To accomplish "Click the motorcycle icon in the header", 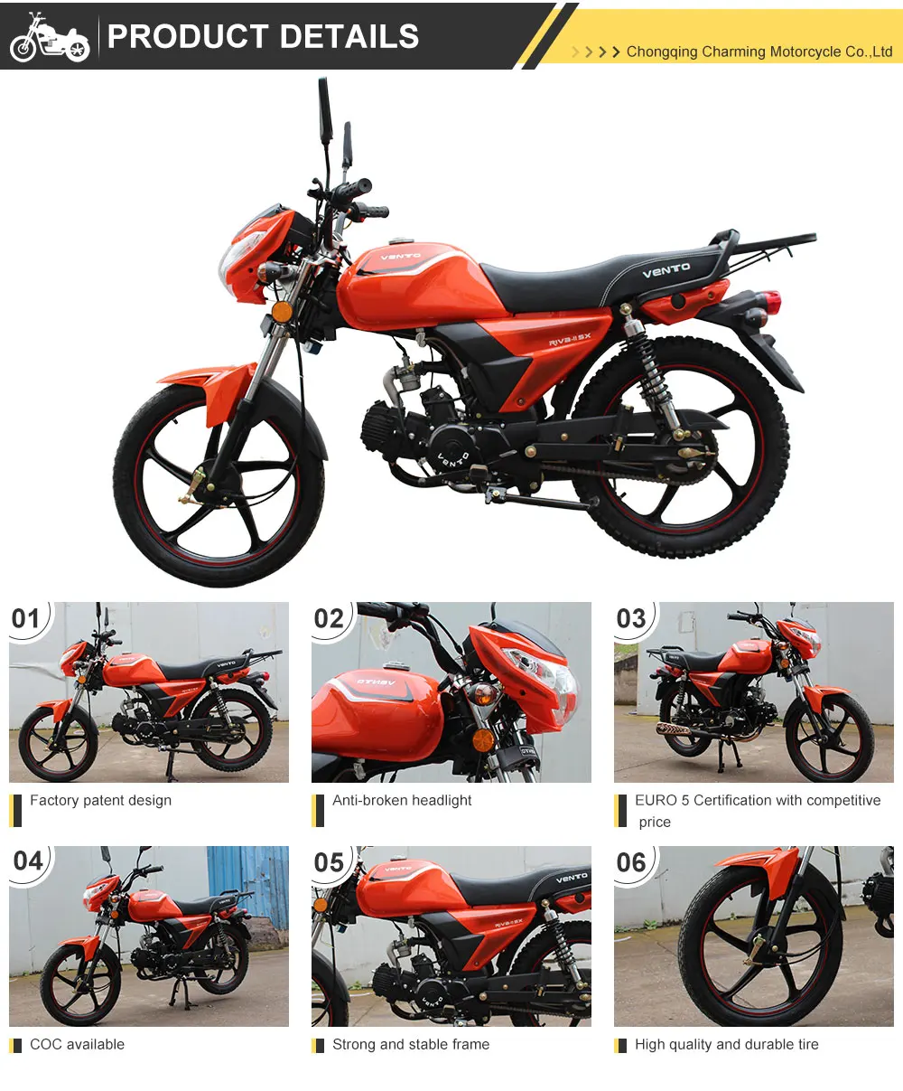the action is click(50, 37).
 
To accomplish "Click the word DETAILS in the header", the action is click(349, 36).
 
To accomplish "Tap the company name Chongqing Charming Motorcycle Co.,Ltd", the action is click(759, 52).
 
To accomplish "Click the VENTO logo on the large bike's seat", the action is click(666, 270).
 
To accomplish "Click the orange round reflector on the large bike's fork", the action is click(282, 312).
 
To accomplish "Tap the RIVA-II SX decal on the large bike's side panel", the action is click(570, 339).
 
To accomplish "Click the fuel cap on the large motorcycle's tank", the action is click(401, 240).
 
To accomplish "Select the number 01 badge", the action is click(26, 618).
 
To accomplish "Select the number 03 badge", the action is click(631, 618).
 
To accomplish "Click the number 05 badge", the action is click(329, 862).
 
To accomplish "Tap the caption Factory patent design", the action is click(101, 801).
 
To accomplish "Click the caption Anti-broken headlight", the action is click(402, 801).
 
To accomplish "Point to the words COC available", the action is click(78, 1045).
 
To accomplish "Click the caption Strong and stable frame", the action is click(411, 1045).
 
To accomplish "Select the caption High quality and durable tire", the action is click(727, 1045).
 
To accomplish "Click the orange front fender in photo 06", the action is click(763, 872).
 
